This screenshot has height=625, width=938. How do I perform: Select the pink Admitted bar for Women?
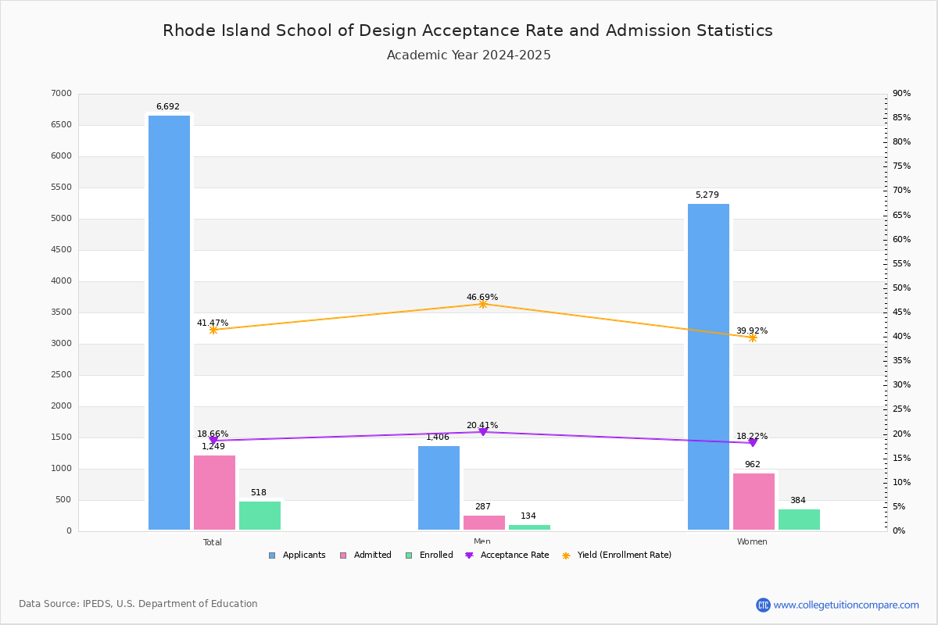click(x=754, y=502)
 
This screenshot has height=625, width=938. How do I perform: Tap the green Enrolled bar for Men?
click(x=529, y=527)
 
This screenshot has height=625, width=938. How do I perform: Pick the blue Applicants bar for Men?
click(x=439, y=488)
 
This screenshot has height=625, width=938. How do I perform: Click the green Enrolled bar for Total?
click(x=260, y=516)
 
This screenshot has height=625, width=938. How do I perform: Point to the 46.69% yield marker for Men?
click(x=482, y=304)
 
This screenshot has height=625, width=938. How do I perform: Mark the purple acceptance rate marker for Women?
click(x=753, y=443)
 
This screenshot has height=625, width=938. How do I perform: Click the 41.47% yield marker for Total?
click(x=213, y=330)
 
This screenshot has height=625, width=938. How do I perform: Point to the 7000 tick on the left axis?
click(x=61, y=94)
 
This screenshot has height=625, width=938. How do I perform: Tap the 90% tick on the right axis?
click(x=901, y=94)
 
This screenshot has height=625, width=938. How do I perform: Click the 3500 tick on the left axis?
click(x=61, y=312)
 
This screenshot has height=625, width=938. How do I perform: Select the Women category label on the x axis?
click(x=752, y=542)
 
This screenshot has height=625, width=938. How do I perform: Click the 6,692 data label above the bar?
click(x=167, y=107)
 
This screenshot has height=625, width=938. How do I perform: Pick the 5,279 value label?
click(x=707, y=195)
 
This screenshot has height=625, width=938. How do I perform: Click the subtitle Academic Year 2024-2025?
click(x=469, y=55)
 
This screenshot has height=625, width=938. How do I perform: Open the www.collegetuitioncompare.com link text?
click(x=846, y=605)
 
